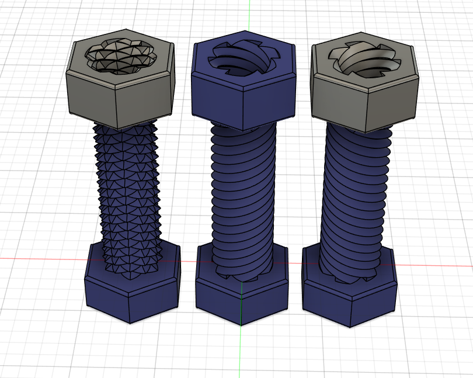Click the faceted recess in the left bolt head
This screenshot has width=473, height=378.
[x=121, y=57]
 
